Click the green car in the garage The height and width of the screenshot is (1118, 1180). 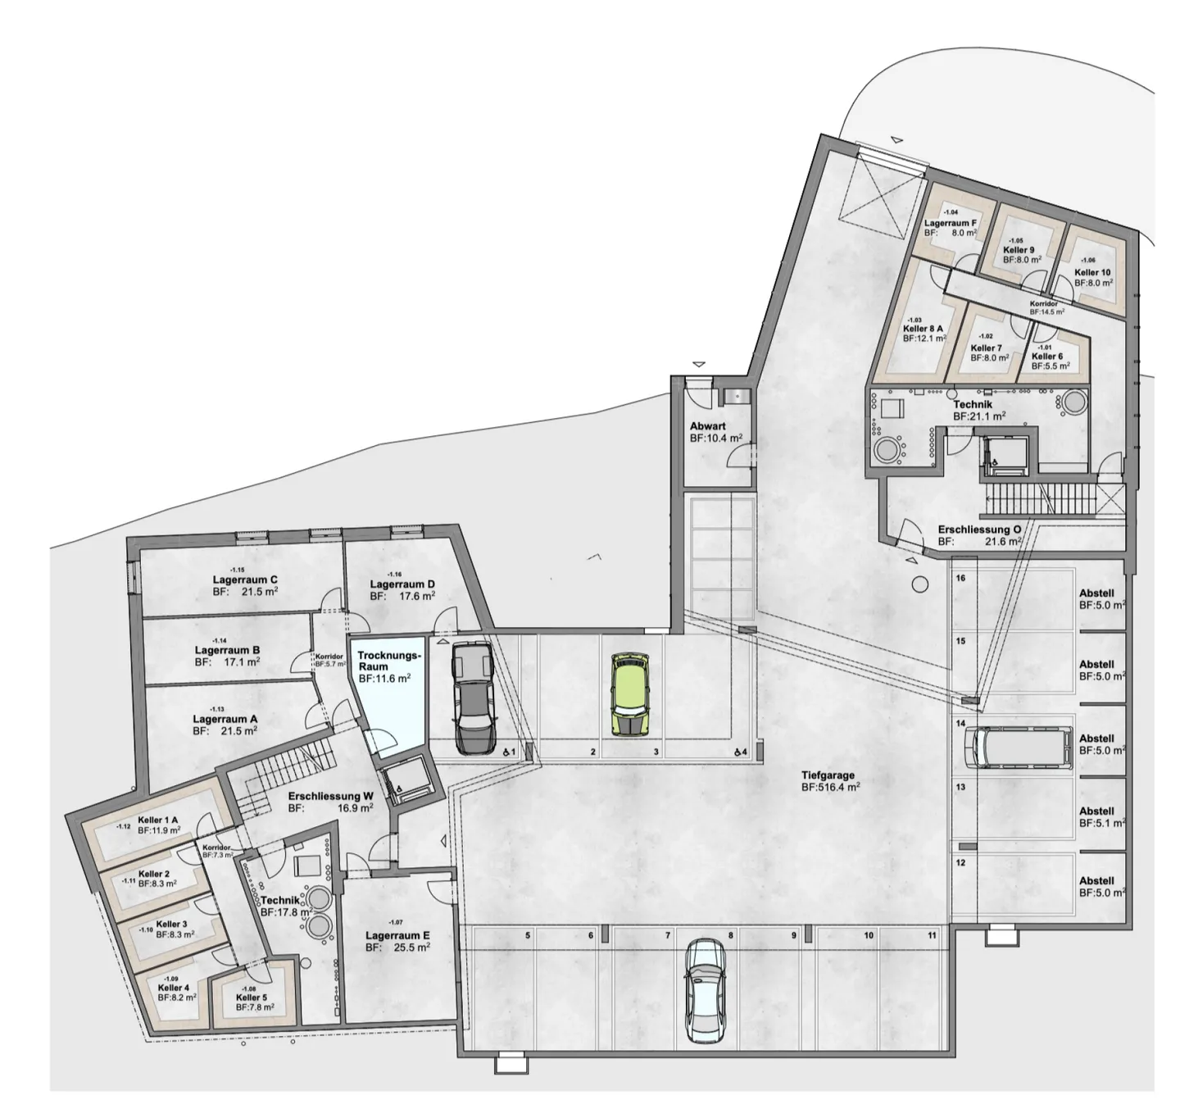629,693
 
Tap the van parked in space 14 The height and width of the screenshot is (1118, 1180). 1018,747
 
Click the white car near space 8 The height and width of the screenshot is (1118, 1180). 704,991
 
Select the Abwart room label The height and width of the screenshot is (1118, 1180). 707,426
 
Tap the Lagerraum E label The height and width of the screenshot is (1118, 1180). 397,935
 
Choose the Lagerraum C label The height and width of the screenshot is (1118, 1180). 244,580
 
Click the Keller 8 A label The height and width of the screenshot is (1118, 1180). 923,329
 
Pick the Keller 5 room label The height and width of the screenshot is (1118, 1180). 252,998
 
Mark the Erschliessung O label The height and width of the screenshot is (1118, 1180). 979,530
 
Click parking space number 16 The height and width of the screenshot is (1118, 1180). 960,578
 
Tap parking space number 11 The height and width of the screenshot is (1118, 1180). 932,935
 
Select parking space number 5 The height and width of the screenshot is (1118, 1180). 528,935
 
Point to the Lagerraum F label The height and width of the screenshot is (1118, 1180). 951,223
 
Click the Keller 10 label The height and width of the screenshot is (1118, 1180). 1092,273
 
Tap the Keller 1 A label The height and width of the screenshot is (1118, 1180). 158,820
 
